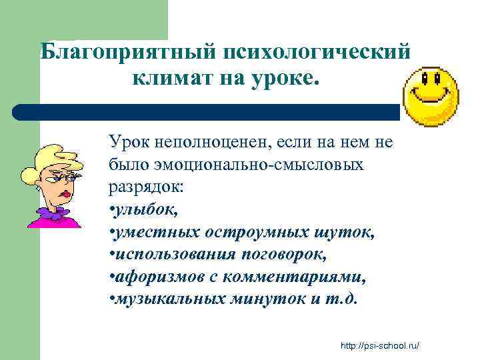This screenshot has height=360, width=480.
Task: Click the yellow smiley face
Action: (x=433, y=97)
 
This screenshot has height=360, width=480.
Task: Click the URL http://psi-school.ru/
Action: (x=382, y=346)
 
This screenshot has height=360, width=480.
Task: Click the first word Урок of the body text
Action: (x=127, y=143)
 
